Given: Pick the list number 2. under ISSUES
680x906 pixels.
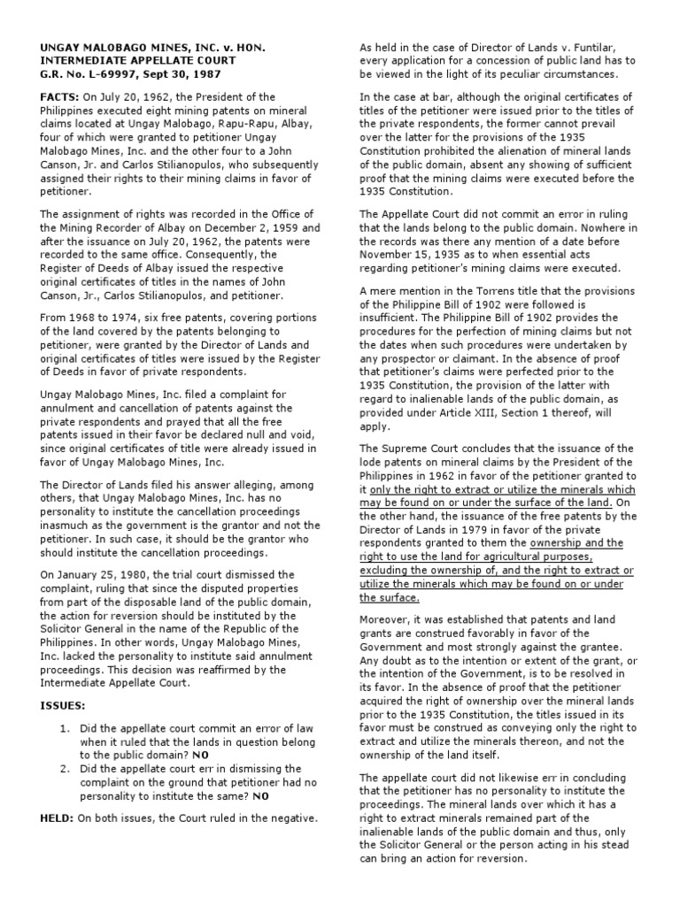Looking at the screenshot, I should tap(66, 769).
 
